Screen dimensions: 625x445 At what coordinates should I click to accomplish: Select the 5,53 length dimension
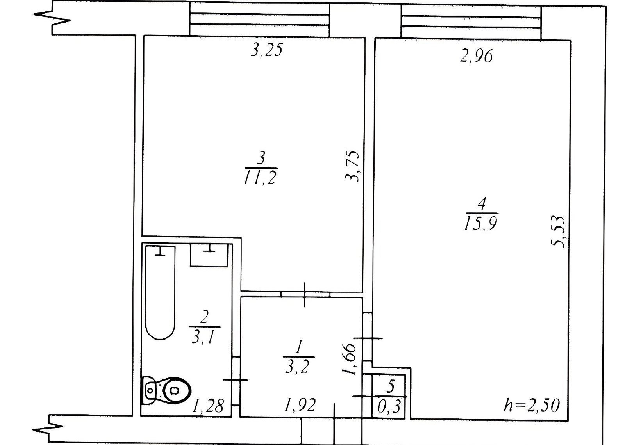pyautogui.click(x=558, y=232)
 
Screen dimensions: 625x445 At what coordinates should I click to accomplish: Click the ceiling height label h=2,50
pyautogui.click(x=532, y=405)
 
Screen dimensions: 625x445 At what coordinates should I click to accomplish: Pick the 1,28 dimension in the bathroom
pyautogui.click(x=208, y=406)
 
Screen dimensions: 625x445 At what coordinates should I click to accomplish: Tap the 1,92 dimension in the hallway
pyautogui.click(x=300, y=405)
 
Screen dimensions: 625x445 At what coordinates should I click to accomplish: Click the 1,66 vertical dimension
pyautogui.click(x=349, y=359)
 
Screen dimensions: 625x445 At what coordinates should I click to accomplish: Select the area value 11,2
pyautogui.click(x=260, y=177)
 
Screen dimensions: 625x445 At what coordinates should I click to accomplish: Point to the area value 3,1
pyautogui.click(x=205, y=338)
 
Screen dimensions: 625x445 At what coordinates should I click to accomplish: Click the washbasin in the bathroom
pyautogui.click(x=209, y=255)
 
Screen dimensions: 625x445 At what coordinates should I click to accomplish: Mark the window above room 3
pyautogui.click(x=259, y=20)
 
